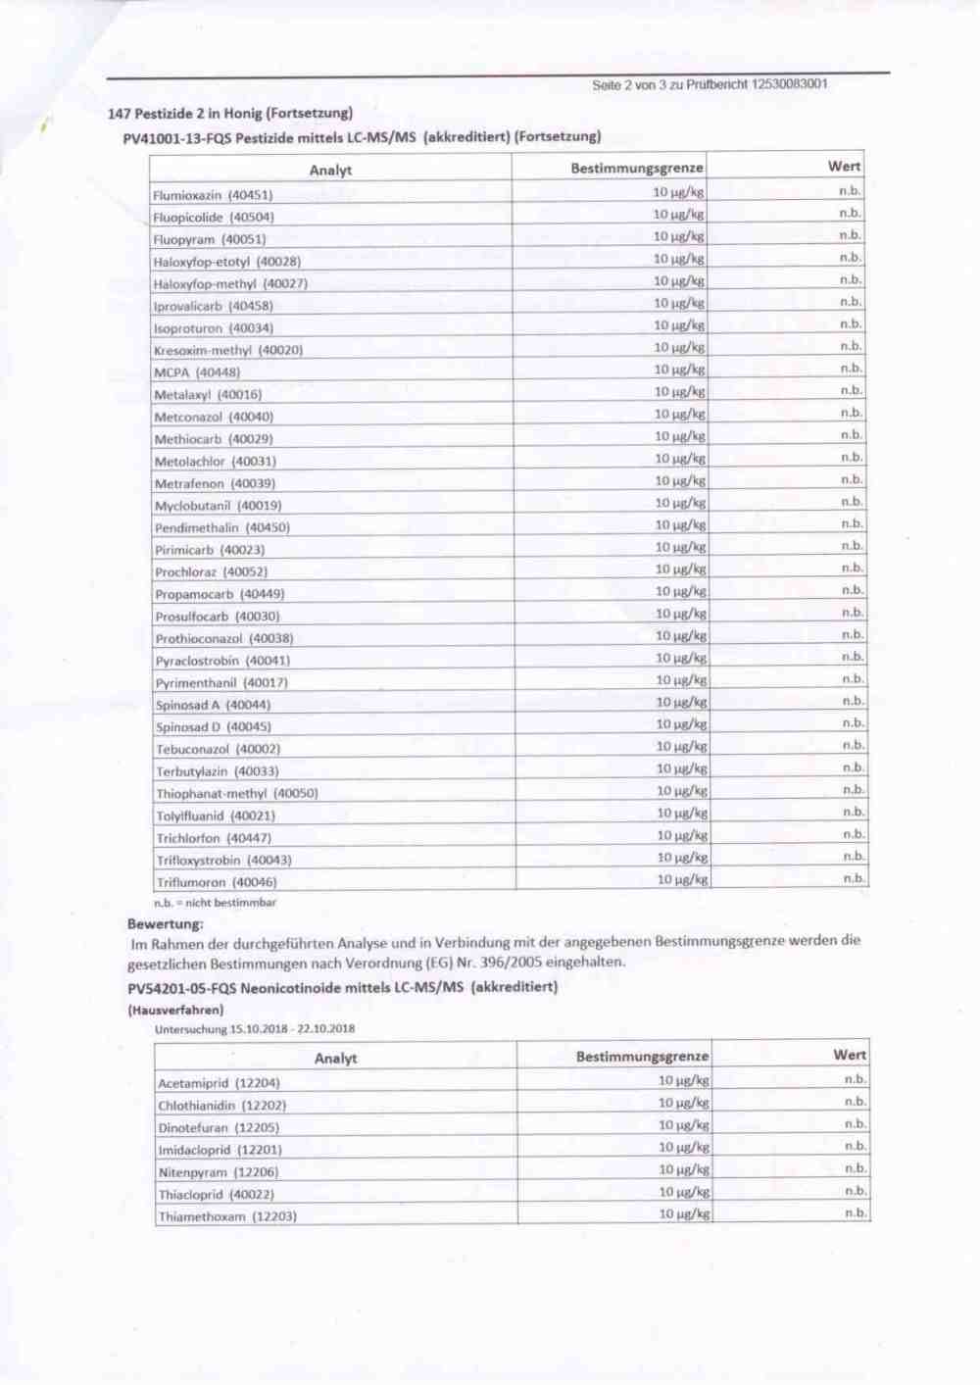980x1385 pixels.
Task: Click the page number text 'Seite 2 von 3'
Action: [x=637, y=85]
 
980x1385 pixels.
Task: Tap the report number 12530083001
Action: [x=789, y=84]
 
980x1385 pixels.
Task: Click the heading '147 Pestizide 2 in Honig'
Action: [x=230, y=113]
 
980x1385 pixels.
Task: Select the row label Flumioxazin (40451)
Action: [x=213, y=195]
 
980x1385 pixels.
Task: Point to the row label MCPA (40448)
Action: [x=196, y=372]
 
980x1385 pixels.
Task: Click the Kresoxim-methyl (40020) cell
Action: [x=228, y=350]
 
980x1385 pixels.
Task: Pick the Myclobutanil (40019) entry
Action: [x=218, y=506]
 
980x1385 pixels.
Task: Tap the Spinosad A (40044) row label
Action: [x=213, y=705]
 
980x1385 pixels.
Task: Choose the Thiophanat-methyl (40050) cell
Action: [x=237, y=793]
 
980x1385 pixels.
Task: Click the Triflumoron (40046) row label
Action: [x=217, y=882]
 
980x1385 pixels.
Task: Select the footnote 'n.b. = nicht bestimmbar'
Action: [x=215, y=903]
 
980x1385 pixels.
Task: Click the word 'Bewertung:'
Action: [x=166, y=923]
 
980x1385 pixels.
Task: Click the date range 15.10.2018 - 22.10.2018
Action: [x=292, y=1029]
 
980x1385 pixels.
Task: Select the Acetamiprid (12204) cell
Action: [x=219, y=1083]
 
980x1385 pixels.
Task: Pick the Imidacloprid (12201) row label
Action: [x=220, y=1150]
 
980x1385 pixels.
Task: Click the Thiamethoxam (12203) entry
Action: [x=227, y=1216]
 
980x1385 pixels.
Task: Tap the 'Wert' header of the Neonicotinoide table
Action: [x=849, y=1055]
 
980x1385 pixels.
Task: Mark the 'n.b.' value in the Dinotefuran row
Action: [x=855, y=1124]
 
